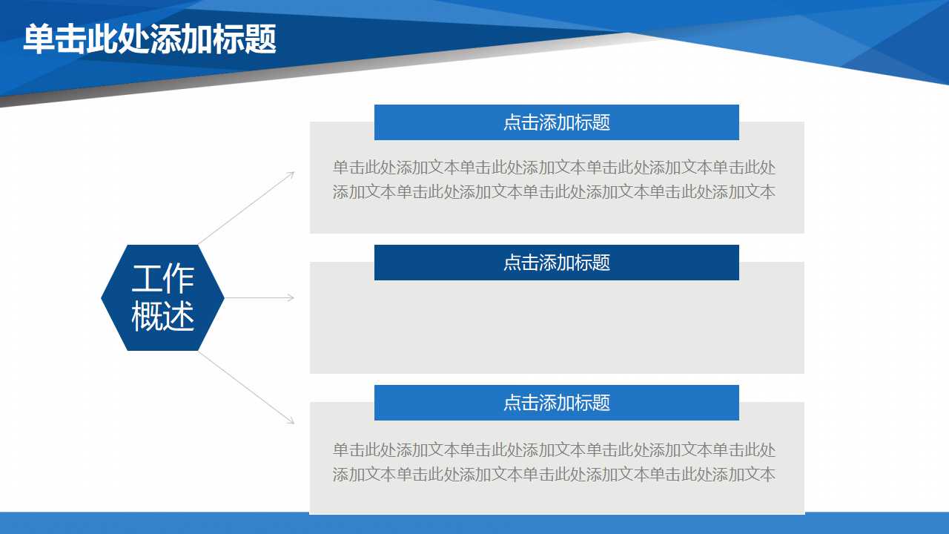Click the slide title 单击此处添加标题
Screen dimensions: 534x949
(150, 39)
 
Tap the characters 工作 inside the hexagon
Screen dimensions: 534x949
(162, 278)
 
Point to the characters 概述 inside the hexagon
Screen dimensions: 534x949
(162, 316)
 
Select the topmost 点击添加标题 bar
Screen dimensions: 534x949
(556, 122)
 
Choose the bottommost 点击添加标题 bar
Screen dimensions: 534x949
(556, 403)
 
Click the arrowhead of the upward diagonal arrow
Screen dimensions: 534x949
(291, 174)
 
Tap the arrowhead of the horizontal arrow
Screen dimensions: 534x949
(291, 297)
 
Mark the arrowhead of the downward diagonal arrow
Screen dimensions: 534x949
(291, 421)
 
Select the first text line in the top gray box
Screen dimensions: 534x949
(554, 168)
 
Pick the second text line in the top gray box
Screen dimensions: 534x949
(554, 192)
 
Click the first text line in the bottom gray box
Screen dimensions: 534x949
(554, 449)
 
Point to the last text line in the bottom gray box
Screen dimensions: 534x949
(554, 475)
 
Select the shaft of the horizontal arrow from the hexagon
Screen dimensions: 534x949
(256, 297)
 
